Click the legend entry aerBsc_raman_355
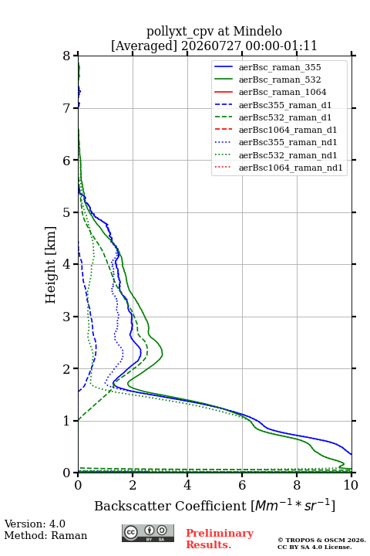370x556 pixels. (x=280, y=67)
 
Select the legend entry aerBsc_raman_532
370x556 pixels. (x=280, y=80)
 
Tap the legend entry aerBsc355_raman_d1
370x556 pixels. (x=285, y=105)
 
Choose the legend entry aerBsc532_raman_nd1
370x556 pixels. (x=288, y=155)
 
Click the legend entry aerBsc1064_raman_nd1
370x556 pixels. (x=291, y=168)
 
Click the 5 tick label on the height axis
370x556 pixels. (x=67, y=212)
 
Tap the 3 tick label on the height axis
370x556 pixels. (x=67, y=317)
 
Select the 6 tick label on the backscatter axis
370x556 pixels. (x=242, y=485)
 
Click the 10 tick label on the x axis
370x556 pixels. (x=351, y=485)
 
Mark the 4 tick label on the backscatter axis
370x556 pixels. (x=187, y=485)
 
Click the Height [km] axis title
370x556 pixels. (x=51, y=265)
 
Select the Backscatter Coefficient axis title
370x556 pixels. (x=214, y=505)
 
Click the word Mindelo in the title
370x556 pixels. (x=257, y=31)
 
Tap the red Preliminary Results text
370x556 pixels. (x=220, y=539)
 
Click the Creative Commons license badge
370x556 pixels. (x=148, y=534)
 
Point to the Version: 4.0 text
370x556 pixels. (x=35, y=524)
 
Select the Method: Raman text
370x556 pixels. (x=45, y=535)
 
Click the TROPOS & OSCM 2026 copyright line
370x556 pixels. (x=321, y=540)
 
